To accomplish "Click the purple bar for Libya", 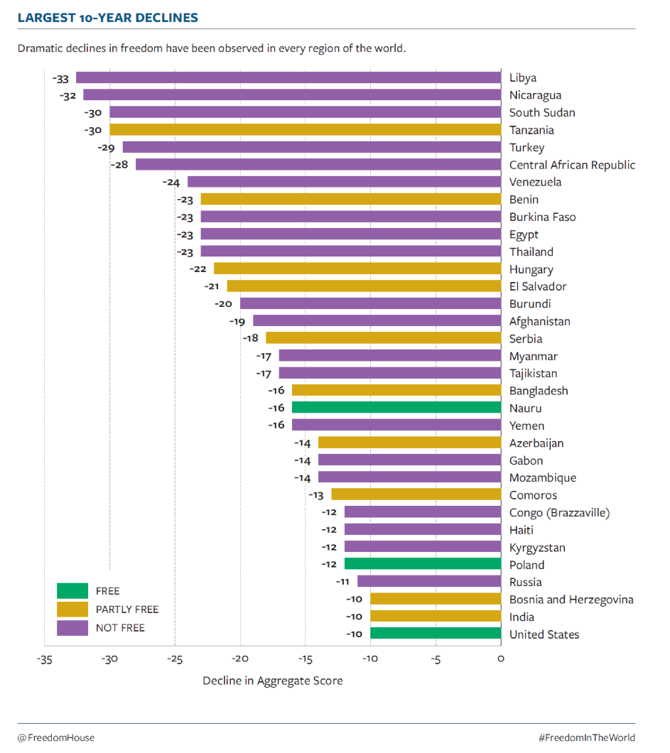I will pos(288,77).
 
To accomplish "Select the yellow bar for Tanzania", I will pos(305,130).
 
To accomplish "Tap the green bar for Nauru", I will pos(396,408).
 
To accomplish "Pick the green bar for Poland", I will pos(423,564).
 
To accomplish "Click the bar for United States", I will pos(436,634).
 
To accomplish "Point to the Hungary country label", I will pos(531,269).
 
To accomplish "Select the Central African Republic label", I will pos(572,165).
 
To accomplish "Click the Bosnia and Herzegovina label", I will pos(571,600).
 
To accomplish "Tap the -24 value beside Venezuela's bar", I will pos(171,183).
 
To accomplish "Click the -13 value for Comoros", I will pos(318,495).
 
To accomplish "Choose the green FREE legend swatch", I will pos(72,591).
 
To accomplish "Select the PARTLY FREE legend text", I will pos(127,610).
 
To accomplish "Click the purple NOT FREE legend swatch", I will pos(72,628).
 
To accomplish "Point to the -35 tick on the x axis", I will pos(44,659).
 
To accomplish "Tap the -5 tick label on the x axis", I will pos(436,659).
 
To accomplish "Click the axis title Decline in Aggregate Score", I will pos(273,681).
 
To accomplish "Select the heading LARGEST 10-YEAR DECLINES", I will pos(107,18).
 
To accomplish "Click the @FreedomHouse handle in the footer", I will pos(56,737).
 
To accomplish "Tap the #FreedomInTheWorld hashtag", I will pos(587,737).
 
